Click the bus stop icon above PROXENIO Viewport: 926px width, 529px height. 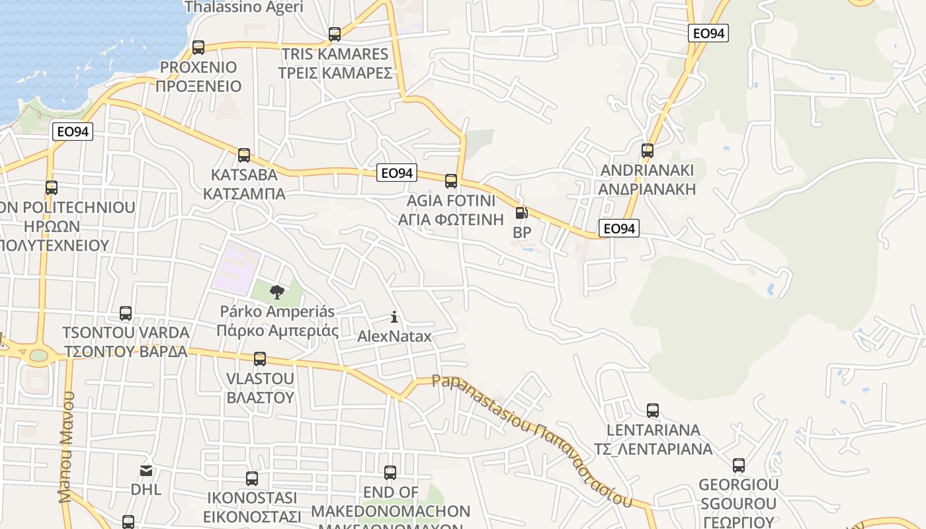pyautogui.click(x=198, y=48)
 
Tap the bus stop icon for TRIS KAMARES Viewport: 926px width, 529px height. pyautogui.click(x=335, y=34)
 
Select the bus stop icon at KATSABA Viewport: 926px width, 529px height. pyautogui.click(x=244, y=155)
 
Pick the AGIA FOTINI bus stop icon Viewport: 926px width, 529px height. pyautogui.click(x=451, y=181)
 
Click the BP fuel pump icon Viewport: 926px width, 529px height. pyautogui.click(x=522, y=213)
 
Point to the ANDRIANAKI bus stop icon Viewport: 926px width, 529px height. pyautogui.click(x=648, y=151)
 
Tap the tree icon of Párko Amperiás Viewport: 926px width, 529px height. pyautogui.click(x=277, y=291)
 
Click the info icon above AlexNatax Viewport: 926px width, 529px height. pyautogui.click(x=394, y=317)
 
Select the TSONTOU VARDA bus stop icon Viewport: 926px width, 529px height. pyautogui.click(x=126, y=313)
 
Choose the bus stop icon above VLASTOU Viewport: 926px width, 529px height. pyautogui.click(x=260, y=359)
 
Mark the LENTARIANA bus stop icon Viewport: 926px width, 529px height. pyautogui.click(x=653, y=411)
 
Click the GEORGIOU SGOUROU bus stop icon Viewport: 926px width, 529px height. pyautogui.click(x=739, y=466)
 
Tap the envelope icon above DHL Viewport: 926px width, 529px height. pyautogui.click(x=146, y=471)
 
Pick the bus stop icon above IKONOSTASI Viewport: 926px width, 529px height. pyautogui.click(x=252, y=479)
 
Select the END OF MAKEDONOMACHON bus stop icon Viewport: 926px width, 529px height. pyautogui.click(x=390, y=473)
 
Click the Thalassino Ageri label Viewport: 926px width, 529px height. pyautogui.click(x=243, y=7)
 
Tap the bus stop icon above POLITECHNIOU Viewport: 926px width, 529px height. pyautogui.click(x=52, y=188)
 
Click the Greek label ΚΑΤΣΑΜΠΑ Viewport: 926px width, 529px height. pyautogui.click(x=244, y=194)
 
